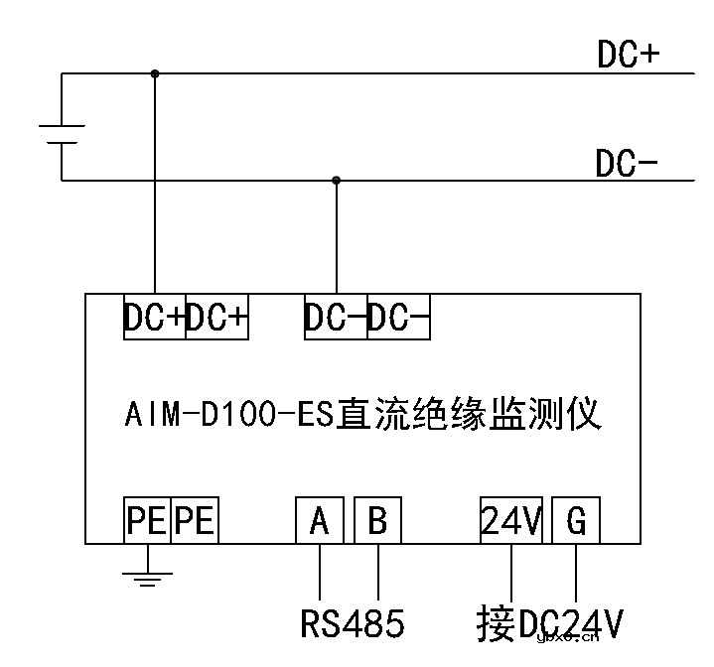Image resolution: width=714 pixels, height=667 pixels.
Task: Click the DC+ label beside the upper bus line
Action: (x=628, y=56)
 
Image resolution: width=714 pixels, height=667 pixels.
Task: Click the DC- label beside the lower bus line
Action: (x=627, y=164)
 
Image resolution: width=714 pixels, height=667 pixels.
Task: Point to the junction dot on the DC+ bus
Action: (x=154, y=72)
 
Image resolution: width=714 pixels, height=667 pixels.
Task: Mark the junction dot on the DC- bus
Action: (x=336, y=181)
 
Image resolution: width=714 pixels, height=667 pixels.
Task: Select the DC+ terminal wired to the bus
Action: (x=154, y=318)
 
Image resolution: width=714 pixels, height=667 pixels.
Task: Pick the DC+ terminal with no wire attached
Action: (x=216, y=318)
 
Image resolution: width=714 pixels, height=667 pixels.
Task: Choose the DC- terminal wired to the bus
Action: (x=336, y=318)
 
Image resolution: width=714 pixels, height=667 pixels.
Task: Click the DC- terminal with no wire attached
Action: (x=398, y=318)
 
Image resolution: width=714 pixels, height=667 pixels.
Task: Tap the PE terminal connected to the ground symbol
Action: (x=147, y=520)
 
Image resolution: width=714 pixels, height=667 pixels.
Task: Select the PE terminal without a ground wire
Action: (x=195, y=520)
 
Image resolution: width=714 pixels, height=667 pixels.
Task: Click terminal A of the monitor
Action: (x=320, y=520)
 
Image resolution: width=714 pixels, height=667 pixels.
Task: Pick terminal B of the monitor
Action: (x=377, y=520)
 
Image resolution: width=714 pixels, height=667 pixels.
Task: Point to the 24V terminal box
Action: (x=510, y=520)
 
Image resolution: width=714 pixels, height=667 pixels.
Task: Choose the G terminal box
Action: (x=576, y=520)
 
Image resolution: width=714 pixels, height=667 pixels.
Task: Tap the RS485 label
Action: (x=352, y=623)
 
